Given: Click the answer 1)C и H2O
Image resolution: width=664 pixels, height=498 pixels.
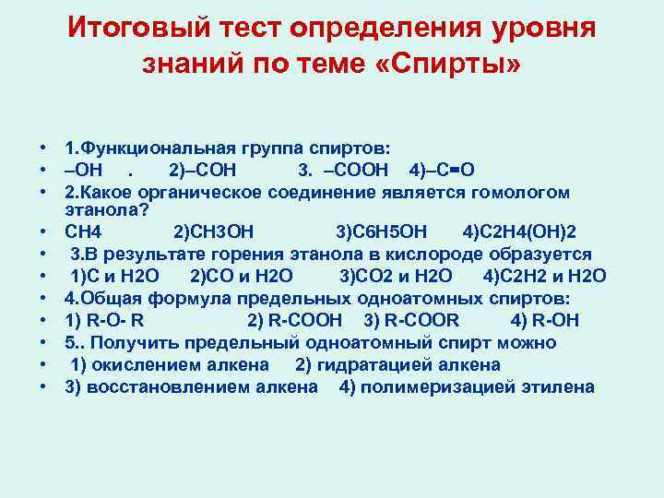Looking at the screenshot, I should coord(115,275).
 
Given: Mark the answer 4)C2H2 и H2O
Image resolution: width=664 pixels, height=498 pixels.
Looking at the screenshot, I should coord(544,275).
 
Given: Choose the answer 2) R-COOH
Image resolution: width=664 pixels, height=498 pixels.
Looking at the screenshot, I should coord(295,319).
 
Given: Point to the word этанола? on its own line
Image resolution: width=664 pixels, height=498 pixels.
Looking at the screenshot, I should coord(99,209).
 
